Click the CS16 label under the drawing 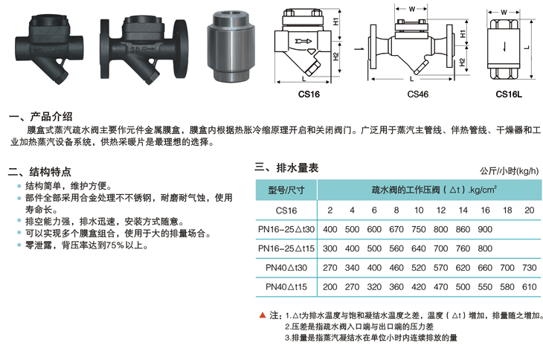[x=309, y=94]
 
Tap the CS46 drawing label [x=417, y=94]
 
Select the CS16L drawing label [x=509, y=94]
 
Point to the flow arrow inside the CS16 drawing [x=303, y=41]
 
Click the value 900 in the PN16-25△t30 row [x=485, y=229]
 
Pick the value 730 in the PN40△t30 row [x=529, y=268]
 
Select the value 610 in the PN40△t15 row [x=529, y=286]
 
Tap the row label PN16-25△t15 [x=286, y=248]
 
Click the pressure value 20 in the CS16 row [x=529, y=210]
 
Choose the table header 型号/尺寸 [x=286, y=190]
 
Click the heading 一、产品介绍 [x=40, y=116]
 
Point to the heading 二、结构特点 [x=39, y=172]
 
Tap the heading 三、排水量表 [x=286, y=168]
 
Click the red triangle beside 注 [x=263, y=315]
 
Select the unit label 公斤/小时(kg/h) [x=509, y=170]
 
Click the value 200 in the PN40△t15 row [x=330, y=286]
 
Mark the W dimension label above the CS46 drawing [x=411, y=9]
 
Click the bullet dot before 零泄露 [x=19, y=245]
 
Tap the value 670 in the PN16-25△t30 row [x=396, y=229]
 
